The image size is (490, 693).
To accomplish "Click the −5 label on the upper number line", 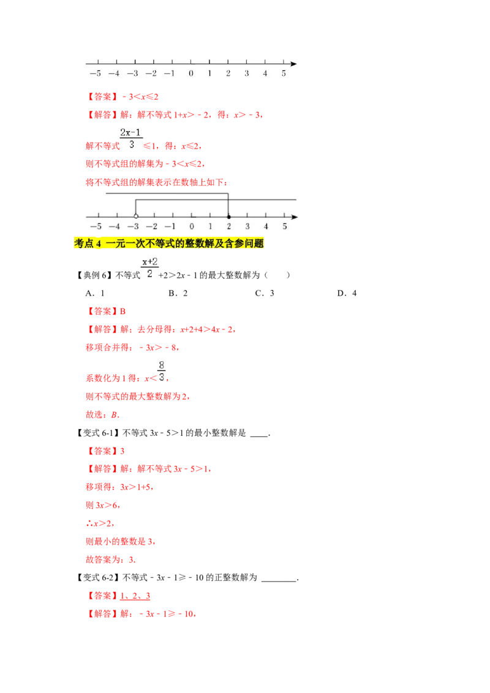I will point(95,73).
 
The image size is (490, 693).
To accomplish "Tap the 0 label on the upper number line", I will point(190,73).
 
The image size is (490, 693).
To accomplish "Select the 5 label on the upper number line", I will point(284,73).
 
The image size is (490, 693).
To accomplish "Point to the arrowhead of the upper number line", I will point(293,63).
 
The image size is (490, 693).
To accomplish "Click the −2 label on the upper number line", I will point(151,73).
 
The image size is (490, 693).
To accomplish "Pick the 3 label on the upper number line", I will point(247,73).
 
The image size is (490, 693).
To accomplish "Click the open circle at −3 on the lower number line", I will point(136,217).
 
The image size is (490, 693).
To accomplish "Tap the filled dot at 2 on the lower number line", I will point(228,217).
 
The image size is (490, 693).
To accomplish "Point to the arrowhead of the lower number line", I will point(295,217).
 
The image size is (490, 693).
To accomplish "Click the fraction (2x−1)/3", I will point(132,138).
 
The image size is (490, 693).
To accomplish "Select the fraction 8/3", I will point(162,371).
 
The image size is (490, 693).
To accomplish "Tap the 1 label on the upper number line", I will point(209,73).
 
